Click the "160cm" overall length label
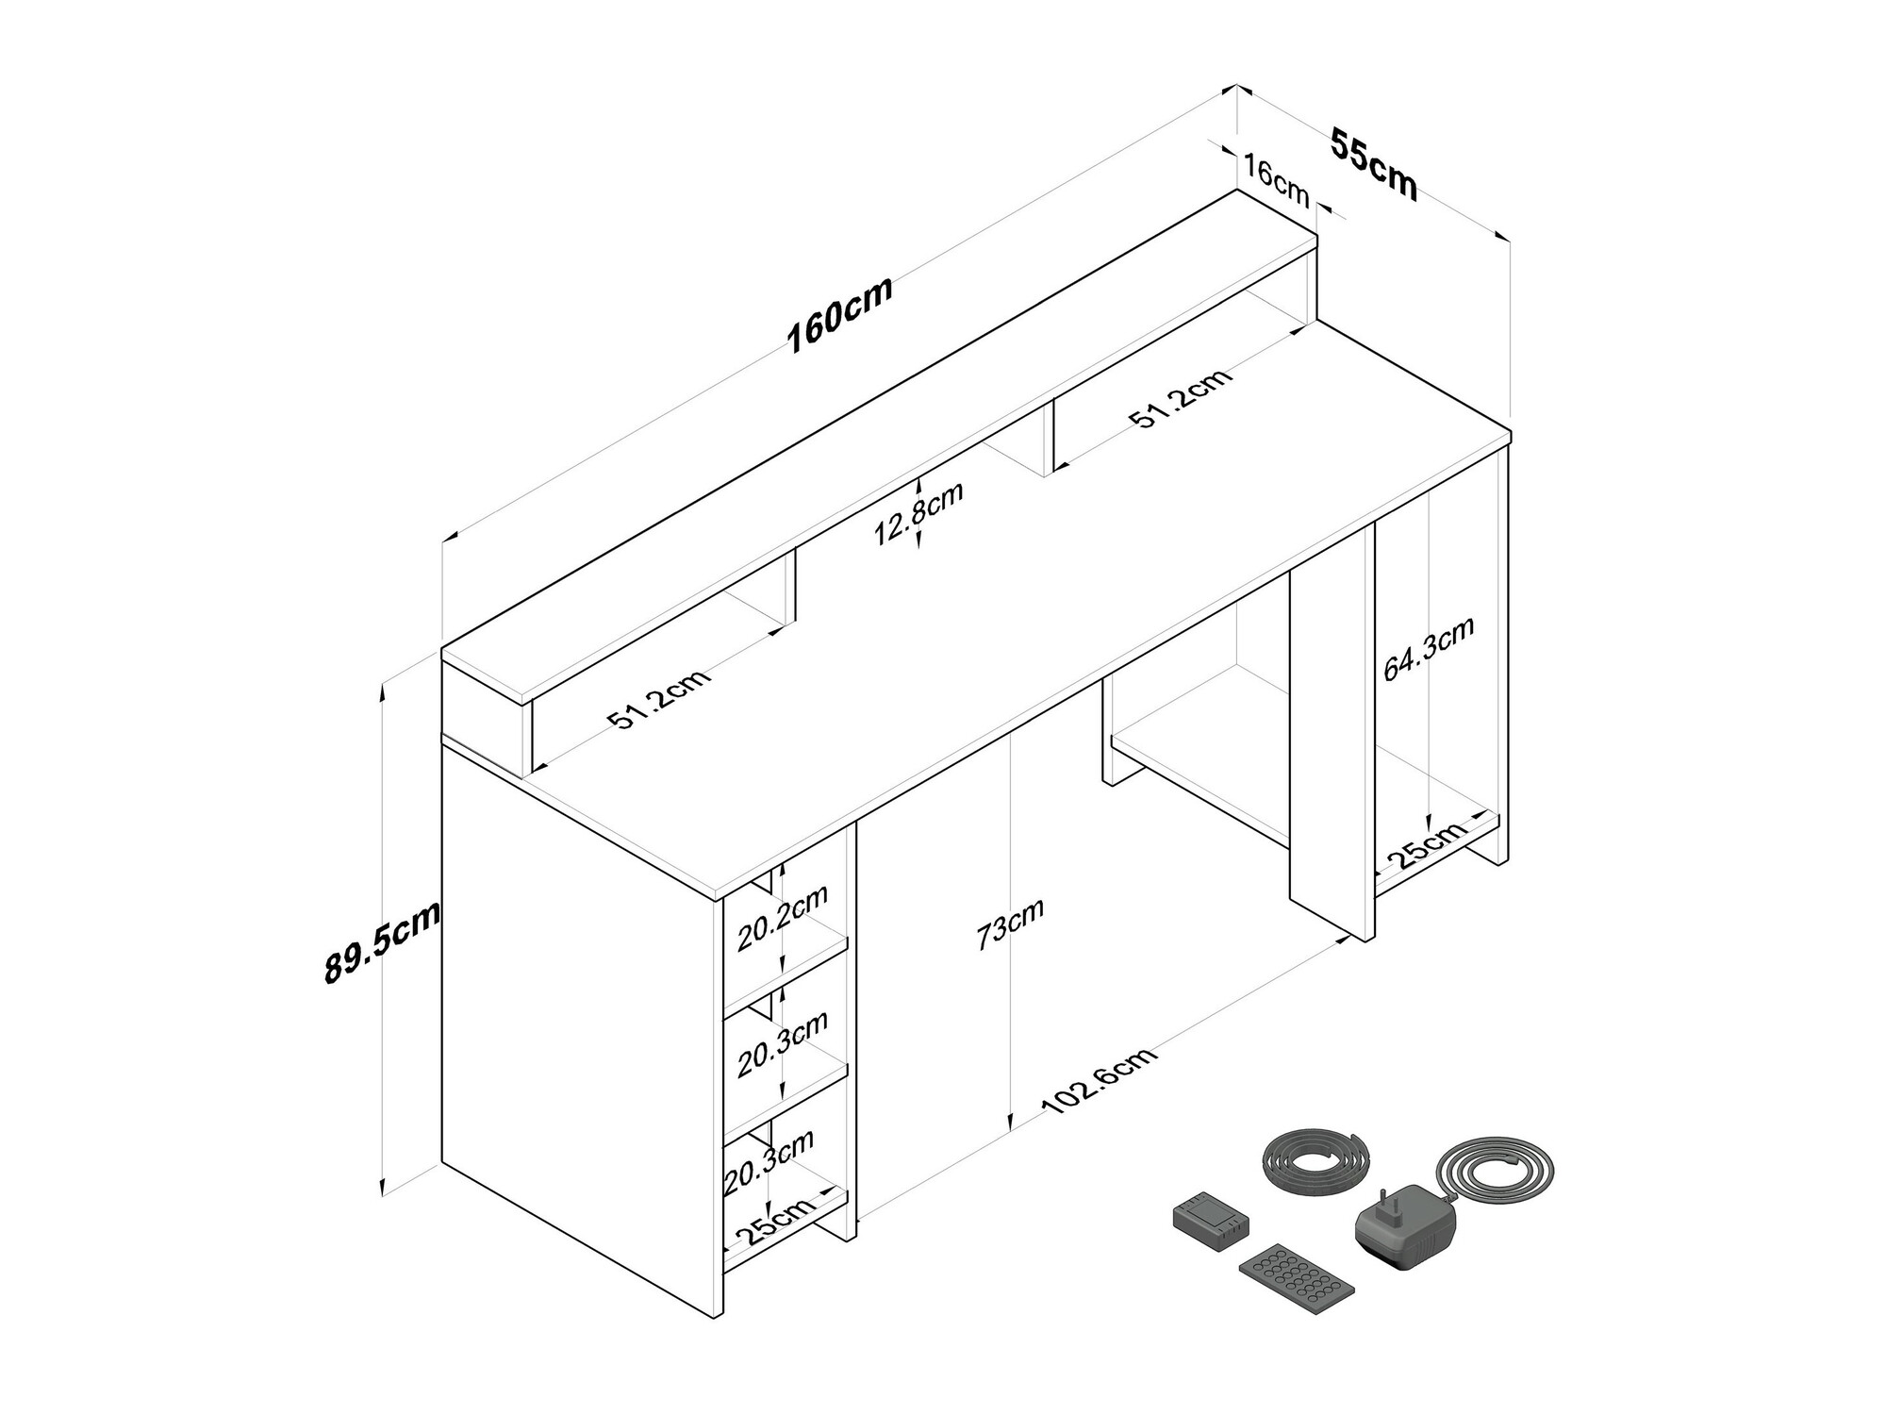click(x=839, y=315)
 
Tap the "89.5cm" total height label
click(x=382, y=941)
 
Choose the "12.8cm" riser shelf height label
click(x=918, y=513)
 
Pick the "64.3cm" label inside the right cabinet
click(x=1428, y=649)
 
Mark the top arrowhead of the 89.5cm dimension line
click(x=384, y=686)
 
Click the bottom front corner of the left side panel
click(x=722, y=1318)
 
